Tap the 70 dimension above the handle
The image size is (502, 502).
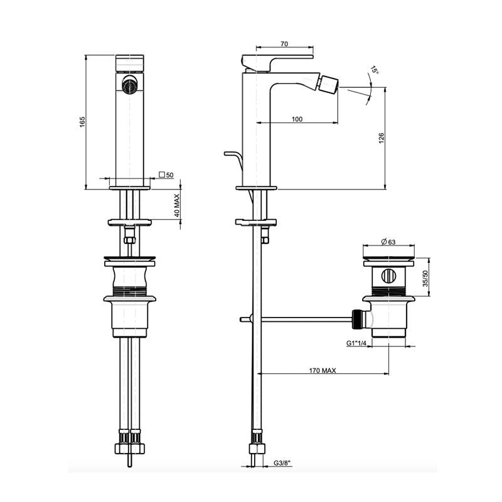284,44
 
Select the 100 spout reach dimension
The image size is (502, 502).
297,119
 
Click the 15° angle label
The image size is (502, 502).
375,72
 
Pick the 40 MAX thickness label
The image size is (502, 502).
178,205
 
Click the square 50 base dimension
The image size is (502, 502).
166,175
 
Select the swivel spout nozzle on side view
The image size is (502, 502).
329,83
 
